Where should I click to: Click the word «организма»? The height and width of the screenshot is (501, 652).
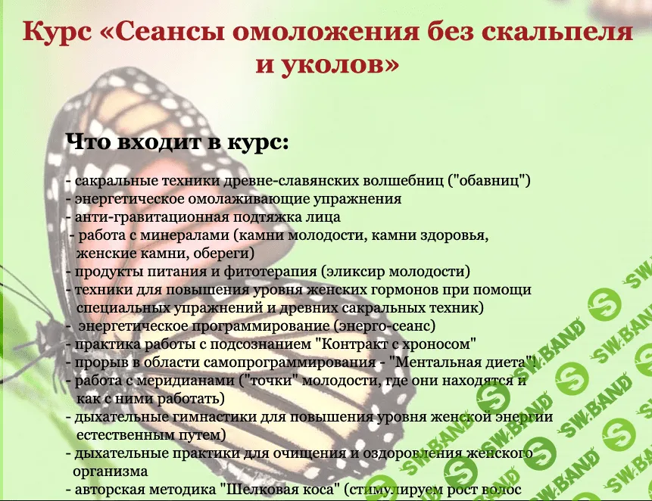(111, 471)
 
